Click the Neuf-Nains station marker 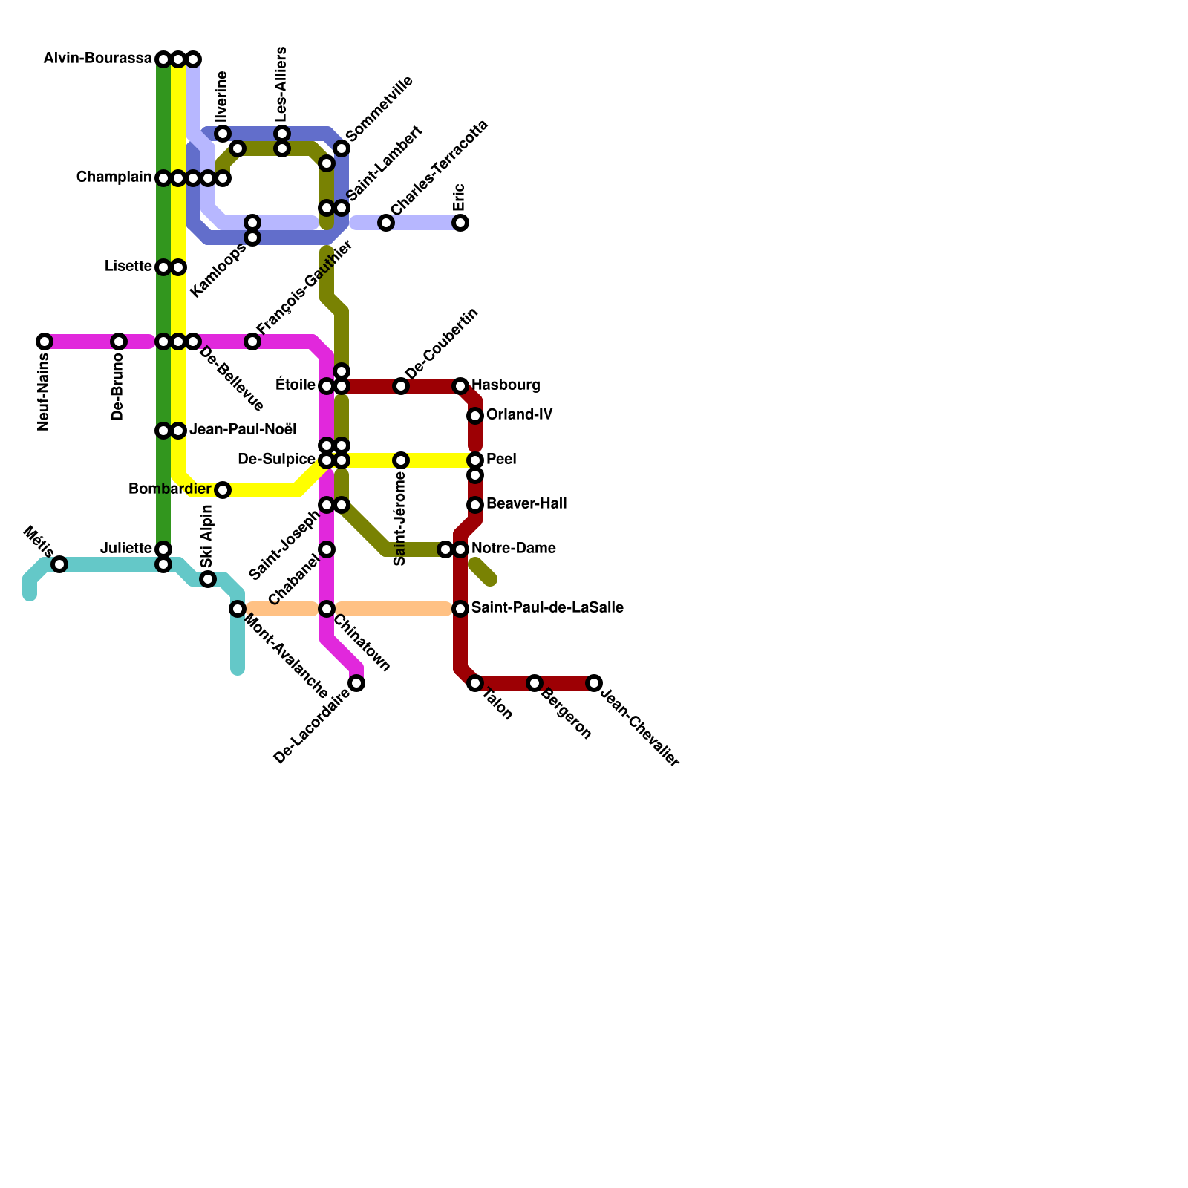click(45, 342)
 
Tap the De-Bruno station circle click(119, 342)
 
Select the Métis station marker click(59, 564)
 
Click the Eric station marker click(460, 223)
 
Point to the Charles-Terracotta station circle click(386, 223)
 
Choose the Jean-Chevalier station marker click(594, 683)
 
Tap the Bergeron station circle click(535, 683)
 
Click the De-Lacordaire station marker click(356, 683)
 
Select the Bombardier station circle click(223, 490)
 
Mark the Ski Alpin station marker click(208, 579)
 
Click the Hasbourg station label click(506, 385)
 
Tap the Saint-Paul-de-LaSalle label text click(547, 608)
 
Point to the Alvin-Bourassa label click(97, 59)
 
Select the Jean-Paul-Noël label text click(243, 430)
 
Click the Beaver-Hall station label click(526, 504)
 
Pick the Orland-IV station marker click(475, 416)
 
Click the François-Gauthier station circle click(252, 342)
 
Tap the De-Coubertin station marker click(401, 386)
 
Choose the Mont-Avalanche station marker click(238, 609)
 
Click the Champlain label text click(114, 177)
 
